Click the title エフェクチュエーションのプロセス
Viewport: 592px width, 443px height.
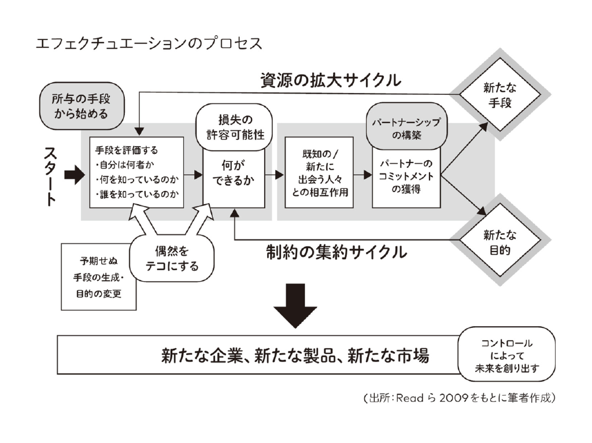coord(149,43)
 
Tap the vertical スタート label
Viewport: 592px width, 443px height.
coord(50,176)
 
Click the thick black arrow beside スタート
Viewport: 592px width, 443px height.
coord(75,175)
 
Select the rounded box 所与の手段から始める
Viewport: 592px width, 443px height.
coord(82,106)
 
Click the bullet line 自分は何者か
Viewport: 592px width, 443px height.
coord(125,165)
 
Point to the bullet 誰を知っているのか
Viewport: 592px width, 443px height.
coord(136,194)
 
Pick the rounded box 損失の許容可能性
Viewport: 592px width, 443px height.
coord(234,127)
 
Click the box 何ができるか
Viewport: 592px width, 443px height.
coord(234,178)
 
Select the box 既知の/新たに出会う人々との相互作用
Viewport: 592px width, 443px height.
coord(319,172)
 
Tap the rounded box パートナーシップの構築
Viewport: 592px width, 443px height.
coord(406,127)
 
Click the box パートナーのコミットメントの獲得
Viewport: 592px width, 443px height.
coord(406,178)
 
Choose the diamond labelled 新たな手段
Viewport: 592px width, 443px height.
coord(499,95)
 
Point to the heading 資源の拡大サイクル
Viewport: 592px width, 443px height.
coord(331,80)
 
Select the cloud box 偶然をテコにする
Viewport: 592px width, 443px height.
coord(172,258)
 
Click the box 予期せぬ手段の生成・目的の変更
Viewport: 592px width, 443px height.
coord(99,277)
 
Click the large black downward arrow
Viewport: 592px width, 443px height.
coord(295,306)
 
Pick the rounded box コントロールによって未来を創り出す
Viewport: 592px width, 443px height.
coord(506,355)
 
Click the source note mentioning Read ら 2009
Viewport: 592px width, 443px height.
coord(460,398)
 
